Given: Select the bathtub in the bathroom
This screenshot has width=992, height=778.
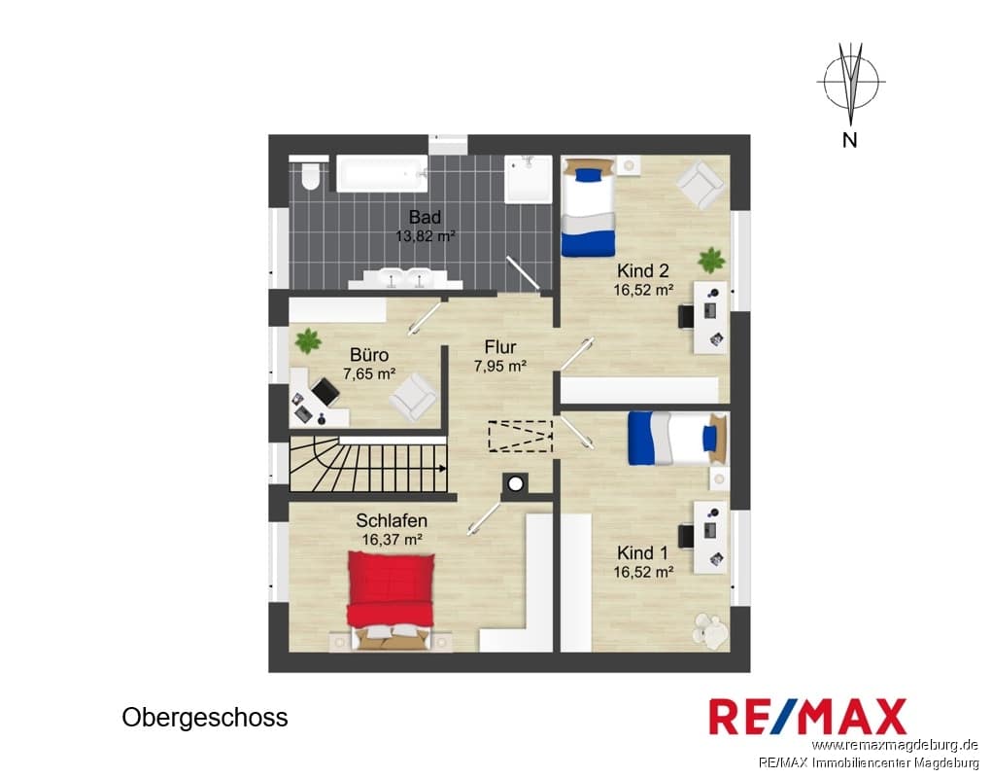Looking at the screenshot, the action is [x=382, y=173].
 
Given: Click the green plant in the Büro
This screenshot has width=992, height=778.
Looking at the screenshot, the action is [x=307, y=340].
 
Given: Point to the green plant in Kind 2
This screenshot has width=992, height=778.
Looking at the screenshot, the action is [x=712, y=261].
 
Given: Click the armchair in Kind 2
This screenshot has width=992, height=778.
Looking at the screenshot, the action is [x=700, y=184].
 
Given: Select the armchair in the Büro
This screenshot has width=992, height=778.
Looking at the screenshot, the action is [x=413, y=398].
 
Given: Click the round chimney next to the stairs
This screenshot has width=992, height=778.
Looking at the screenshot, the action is [x=516, y=485].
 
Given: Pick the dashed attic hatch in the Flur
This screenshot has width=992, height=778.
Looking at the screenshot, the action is [x=520, y=436].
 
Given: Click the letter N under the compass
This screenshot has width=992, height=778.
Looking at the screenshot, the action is [x=849, y=140].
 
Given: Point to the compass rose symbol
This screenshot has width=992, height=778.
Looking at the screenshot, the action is [x=851, y=83].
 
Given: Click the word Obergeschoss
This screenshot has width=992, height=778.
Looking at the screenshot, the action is [x=205, y=718].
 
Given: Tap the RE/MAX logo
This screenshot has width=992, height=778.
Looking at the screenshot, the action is [x=808, y=717].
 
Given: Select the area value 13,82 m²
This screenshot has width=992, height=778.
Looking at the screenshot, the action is [x=426, y=236].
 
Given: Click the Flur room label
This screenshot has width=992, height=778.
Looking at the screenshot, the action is [x=500, y=347].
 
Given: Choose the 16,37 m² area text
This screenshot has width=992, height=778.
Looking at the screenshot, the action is [x=393, y=540].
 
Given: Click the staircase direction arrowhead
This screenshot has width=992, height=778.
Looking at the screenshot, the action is [x=443, y=469].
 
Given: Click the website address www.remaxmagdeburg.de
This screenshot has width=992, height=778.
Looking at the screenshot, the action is [x=895, y=745].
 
